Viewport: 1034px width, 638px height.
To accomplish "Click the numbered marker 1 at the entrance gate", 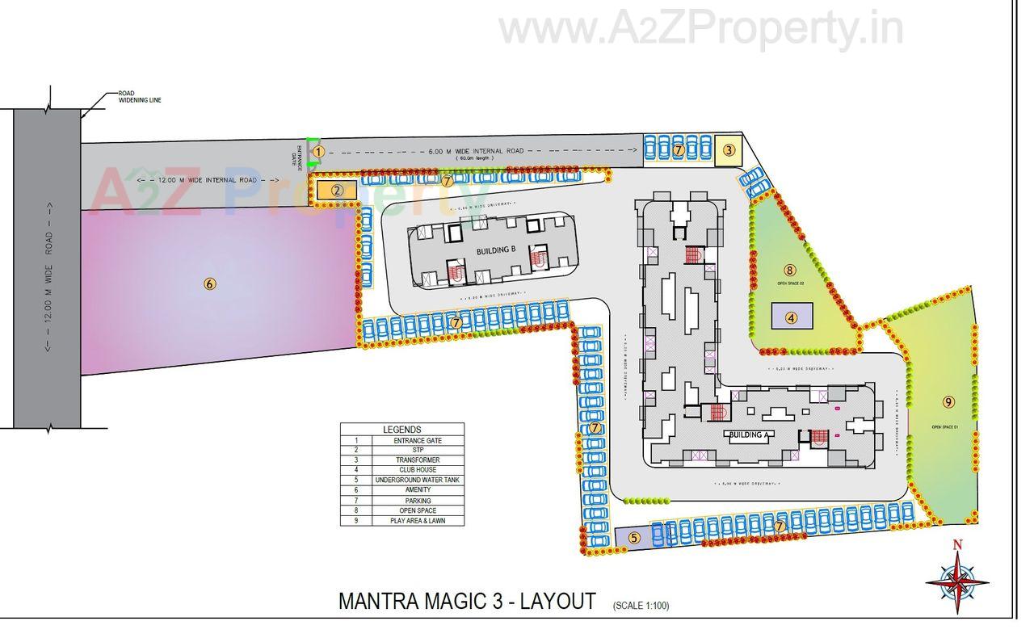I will tap(318, 151).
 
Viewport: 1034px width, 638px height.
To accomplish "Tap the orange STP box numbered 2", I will tap(337, 191).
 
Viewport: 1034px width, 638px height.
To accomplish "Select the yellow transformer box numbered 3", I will tap(729, 149).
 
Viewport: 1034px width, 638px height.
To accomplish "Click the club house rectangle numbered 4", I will tap(792, 317).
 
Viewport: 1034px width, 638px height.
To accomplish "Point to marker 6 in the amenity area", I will tap(210, 283).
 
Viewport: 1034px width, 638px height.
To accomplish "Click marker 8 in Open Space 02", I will tap(790, 271).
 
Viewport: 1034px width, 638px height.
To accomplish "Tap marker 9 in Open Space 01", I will tap(948, 401).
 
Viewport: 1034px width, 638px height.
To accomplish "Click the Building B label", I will tap(496, 250).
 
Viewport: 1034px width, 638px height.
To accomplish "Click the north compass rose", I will tap(957, 578).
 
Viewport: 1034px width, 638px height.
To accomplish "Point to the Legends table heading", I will tap(402, 430).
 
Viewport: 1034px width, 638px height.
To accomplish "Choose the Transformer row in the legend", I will tap(418, 460).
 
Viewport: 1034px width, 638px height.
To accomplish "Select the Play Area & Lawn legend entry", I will tap(418, 521).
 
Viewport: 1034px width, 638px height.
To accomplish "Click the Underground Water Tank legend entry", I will tap(418, 480).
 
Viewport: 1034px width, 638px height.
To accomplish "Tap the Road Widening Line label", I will tap(139, 97).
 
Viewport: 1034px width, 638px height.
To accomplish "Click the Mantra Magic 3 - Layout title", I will tap(467, 602).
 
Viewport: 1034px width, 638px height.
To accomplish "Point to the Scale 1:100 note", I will tap(641, 605).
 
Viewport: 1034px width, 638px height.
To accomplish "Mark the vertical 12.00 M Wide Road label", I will tap(49, 275).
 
